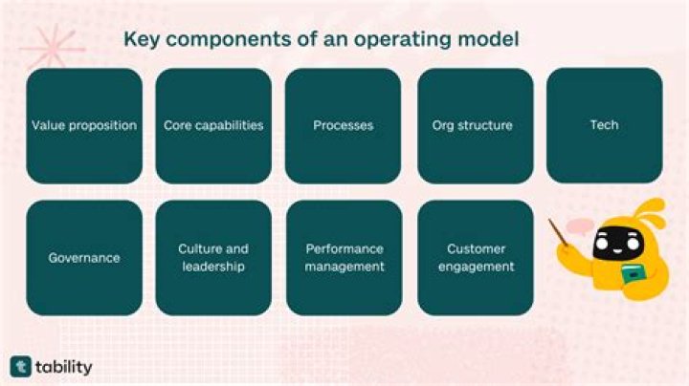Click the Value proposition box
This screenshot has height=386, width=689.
click(84, 125)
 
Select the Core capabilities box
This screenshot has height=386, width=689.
click(213, 125)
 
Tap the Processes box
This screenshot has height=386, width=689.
click(343, 125)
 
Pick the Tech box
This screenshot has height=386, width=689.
click(604, 125)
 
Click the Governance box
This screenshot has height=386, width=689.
click(84, 257)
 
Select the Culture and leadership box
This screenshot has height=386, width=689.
click(213, 257)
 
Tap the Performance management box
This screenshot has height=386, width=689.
click(343, 257)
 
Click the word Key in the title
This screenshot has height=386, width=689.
click(141, 41)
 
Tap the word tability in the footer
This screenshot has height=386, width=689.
click(66, 367)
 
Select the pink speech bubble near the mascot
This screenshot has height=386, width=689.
click(580, 225)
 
